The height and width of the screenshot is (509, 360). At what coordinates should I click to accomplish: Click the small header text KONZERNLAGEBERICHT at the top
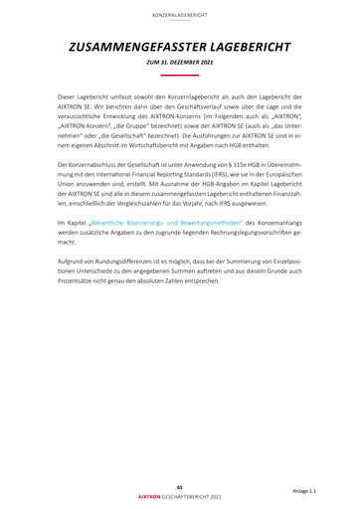tap(179, 15)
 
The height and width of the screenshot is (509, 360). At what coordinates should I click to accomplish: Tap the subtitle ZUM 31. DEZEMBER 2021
tap(179, 64)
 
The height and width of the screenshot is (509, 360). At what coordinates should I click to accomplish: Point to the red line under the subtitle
tap(179, 75)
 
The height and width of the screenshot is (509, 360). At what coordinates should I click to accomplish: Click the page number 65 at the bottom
tap(179, 485)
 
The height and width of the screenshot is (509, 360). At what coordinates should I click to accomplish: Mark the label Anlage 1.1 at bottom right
tap(305, 491)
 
